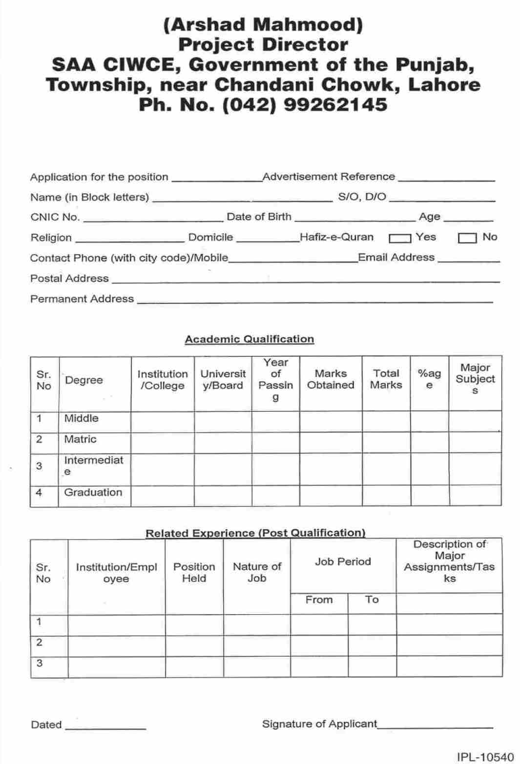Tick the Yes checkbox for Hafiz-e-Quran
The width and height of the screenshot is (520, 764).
pyautogui.click(x=399, y=239)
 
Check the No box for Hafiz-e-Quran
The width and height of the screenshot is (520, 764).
pyautogui.click(x=467, y=239)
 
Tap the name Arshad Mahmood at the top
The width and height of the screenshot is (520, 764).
pyautogui.click(x=263, y=24)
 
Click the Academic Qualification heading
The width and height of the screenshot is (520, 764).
pyautogui.click(x=249, y=339)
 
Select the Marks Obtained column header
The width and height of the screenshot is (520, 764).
pyautogui.click(x=331, y=379)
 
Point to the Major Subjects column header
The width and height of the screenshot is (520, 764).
pyautogui.click(x=475, y=379)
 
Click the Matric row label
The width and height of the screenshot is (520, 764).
pyautogui.click(x=81, y=439)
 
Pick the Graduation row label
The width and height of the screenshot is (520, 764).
pyautogui.click(x=93, y=492)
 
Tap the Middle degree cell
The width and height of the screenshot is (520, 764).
pyautogui.click(x=82, y=418)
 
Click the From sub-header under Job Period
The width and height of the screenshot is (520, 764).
pyautogui.click(x=319, y=600)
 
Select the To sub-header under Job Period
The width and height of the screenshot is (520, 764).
pyautogui.click(x=372, y=600)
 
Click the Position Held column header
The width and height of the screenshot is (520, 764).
pyautogui.click(x=194, y=572)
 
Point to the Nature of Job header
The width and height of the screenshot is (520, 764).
pyautogui.click(x=257, y=572)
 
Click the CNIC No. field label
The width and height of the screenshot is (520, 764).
pyautogui.click(x=55, y=218)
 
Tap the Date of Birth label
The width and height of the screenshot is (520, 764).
pyautogui.click(x=259, y=217)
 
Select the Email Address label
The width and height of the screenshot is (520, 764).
pyautogui.click(x=396, y=257)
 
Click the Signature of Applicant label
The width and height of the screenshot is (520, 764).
pyautogui.click(x=319, y=724)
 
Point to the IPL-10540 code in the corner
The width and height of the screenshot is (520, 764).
pyautogui.click(x=485, y=757)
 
